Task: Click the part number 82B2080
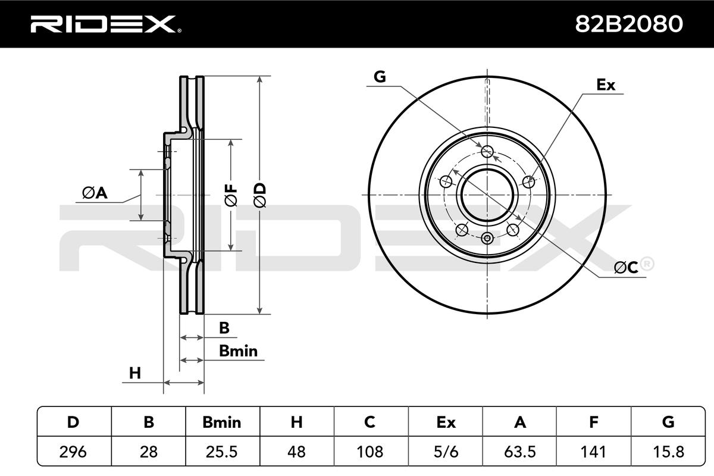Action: [628, 24]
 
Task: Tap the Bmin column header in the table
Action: [222, 422]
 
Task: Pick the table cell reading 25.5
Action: [222, 452]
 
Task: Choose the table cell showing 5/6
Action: [445, 452]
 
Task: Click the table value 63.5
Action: [519, 452]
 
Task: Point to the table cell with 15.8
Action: [668, 452]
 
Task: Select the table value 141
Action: [593, 452]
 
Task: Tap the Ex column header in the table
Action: [445, 422]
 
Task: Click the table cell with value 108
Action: [370, 452]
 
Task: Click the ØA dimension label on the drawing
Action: [95, 193]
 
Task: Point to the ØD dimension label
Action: [260, 195]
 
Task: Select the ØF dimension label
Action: [231, 195]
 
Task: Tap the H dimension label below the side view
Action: [136, 373]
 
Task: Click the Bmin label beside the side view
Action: [238, 351]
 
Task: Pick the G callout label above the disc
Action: [380, 76]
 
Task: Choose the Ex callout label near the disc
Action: [606, 85]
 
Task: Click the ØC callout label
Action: [626, 268]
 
